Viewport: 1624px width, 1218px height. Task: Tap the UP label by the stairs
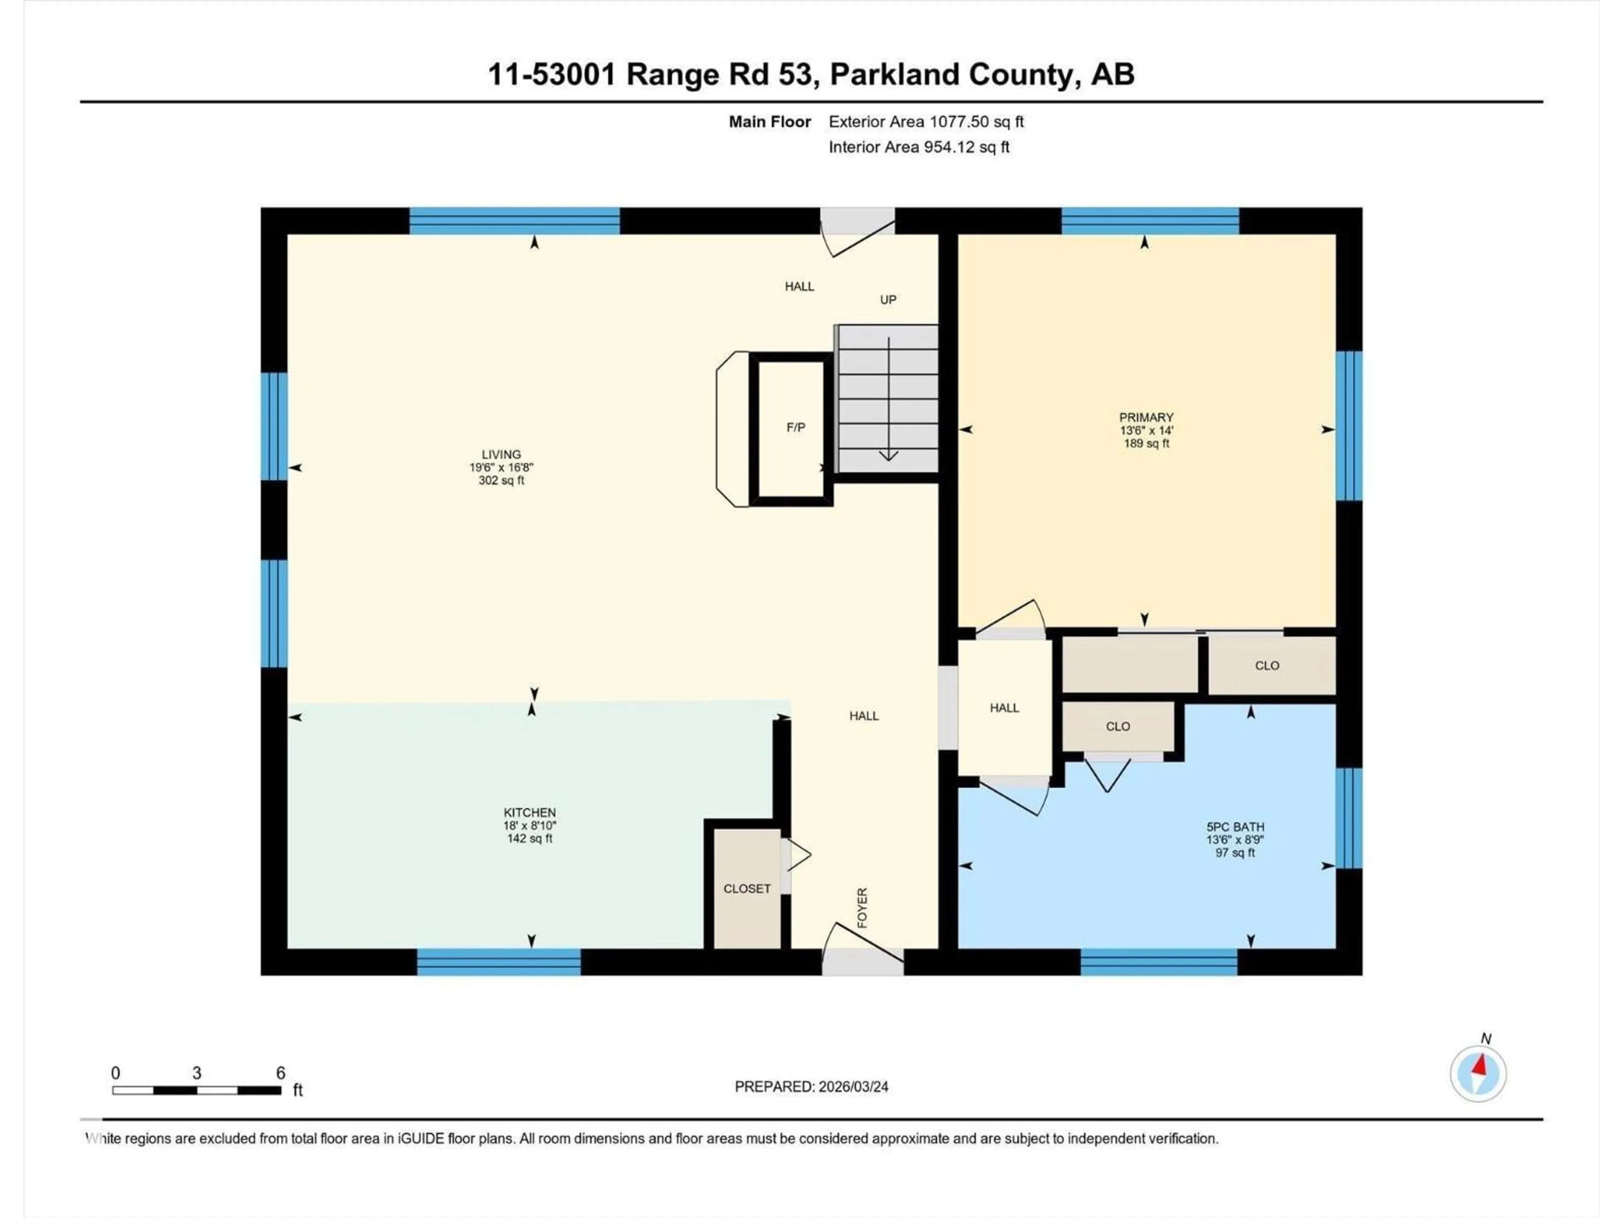(x=888, y=299)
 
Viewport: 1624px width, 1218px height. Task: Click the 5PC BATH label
(x=1235, y=827)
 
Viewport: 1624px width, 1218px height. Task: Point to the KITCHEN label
(x=529, y=813)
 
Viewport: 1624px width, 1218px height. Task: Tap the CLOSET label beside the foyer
(x=746, y=889)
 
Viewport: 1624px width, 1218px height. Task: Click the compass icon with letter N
(x=1478, y=1073)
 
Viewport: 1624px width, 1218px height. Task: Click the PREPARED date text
(x=811, y=1086)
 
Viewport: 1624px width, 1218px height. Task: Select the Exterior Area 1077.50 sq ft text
(x=926, y=122)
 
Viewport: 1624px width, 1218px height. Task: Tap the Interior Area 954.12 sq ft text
(x=919, y=147)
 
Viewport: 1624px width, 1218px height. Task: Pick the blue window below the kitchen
(x=499, y=962)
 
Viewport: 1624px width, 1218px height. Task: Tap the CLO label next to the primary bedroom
(x=1267, y=665)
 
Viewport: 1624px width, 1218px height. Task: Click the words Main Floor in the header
(x=769, y=122)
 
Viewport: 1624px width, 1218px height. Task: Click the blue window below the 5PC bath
(x=1158, y=962)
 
